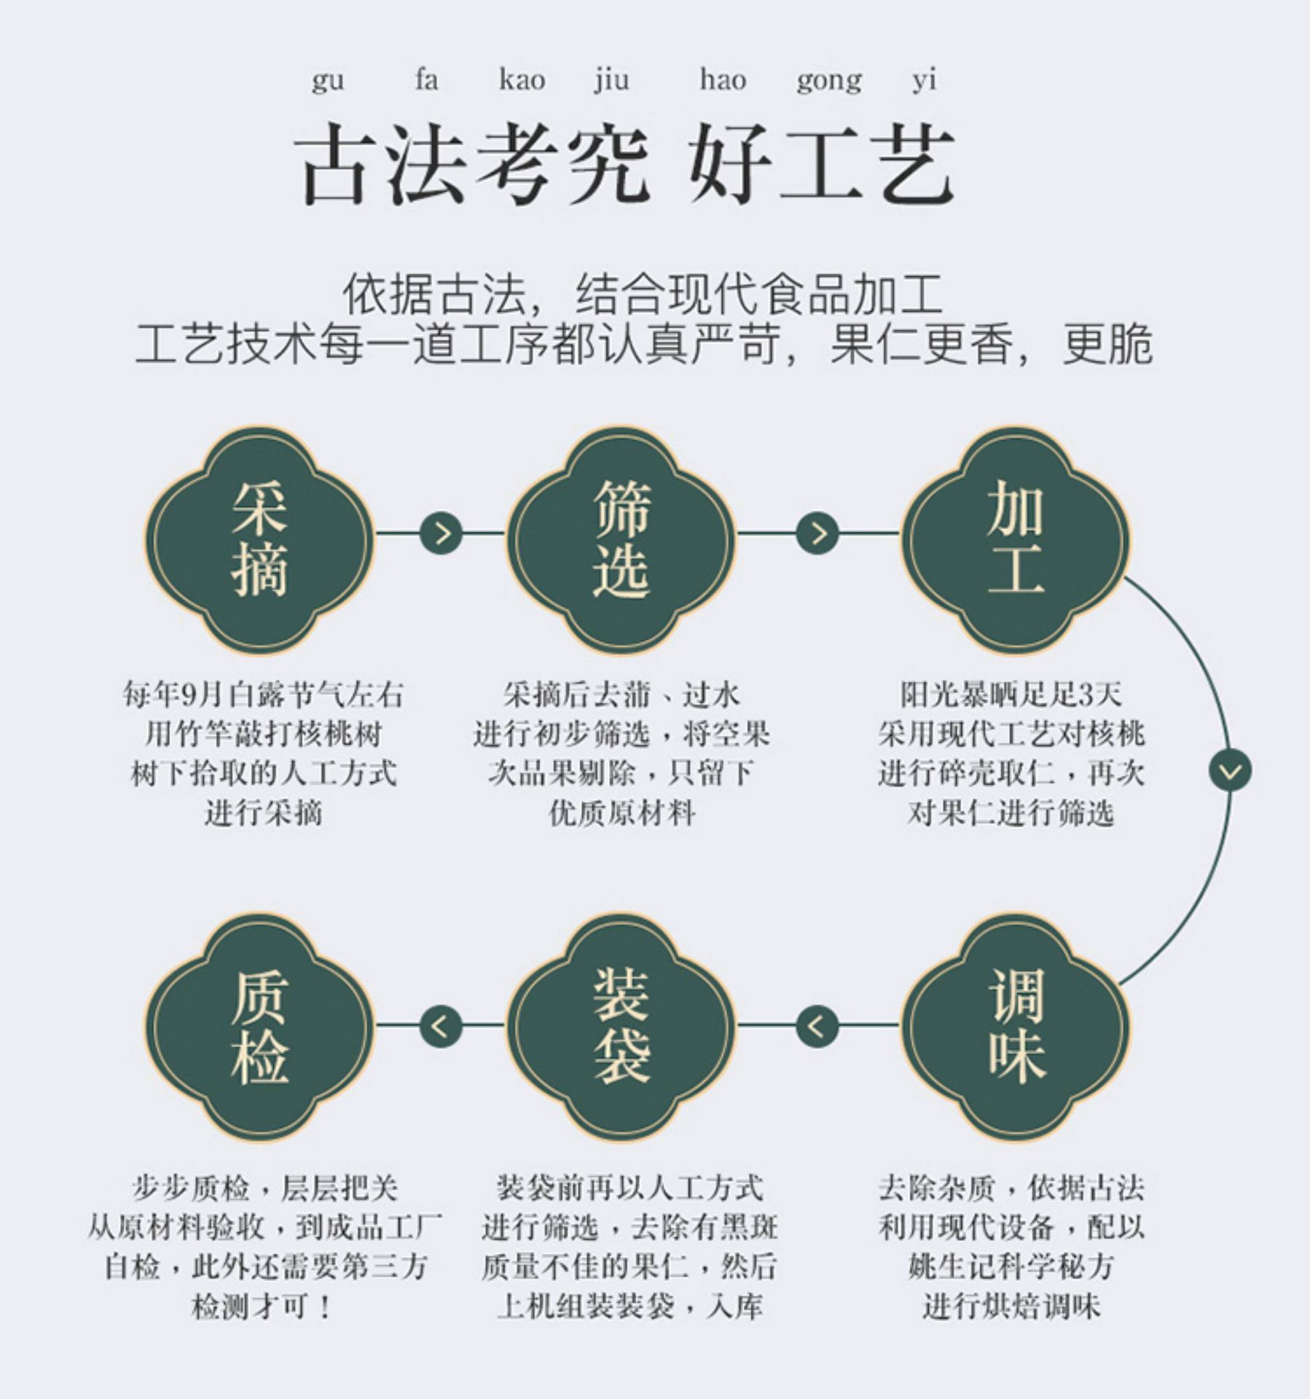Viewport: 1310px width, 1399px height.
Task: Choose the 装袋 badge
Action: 621,1025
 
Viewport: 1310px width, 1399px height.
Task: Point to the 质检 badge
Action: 259,1025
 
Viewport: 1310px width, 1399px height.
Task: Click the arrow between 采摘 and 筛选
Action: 442,533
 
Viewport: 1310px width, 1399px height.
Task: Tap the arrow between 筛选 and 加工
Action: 817,533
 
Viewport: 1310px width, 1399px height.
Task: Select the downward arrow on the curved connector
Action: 1230,770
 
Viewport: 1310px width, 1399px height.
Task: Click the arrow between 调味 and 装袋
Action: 817,1026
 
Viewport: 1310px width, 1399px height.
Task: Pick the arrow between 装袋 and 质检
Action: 442,1026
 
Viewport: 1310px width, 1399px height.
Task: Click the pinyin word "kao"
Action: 522,79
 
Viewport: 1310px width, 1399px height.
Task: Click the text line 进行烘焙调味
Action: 1012,1306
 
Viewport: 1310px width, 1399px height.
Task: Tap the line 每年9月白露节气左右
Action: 263,694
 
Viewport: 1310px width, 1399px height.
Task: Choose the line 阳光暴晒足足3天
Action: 1011,694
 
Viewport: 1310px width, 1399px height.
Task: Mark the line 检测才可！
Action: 263,1306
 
